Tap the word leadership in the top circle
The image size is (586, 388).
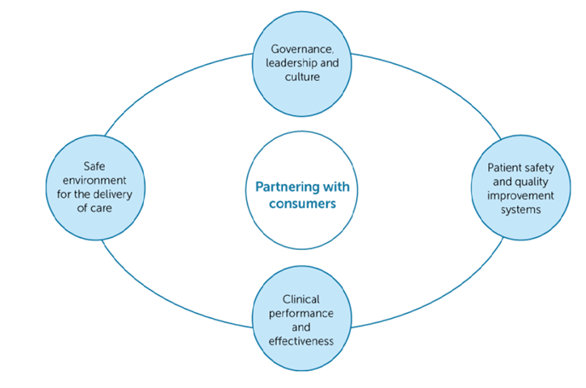[x=289, y=61]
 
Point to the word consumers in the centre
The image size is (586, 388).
[x=298, y=203]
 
